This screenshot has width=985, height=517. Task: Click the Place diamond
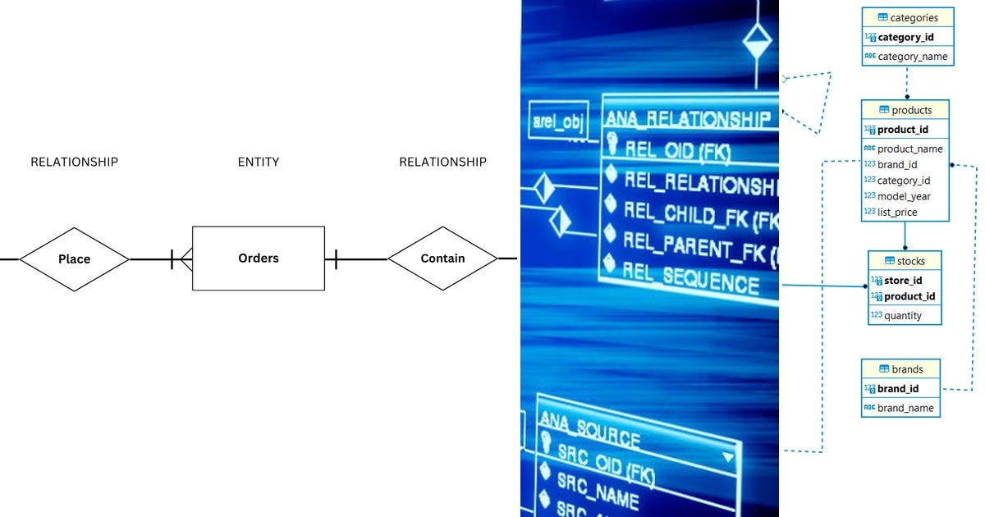point(74,258)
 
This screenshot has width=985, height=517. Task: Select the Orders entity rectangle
point(259,258)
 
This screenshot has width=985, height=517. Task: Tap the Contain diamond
point(442,258)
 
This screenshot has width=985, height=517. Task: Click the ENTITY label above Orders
point(259,162)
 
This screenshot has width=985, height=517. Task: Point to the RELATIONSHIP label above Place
point(74,162)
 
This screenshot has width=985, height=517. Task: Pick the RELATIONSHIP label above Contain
point(442,162)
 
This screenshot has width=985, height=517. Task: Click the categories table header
point(907,17)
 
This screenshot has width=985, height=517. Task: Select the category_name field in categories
point(912,57)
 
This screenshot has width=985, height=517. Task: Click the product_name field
point(909,149)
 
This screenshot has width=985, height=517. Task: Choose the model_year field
point(904,196)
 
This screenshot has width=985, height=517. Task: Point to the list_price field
point(897,212)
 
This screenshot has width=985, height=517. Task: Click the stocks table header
point(905,261)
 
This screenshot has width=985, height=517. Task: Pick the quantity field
point(902,315)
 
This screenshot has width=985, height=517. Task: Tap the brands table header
point(900,369)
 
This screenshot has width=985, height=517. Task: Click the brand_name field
point(905,408)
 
